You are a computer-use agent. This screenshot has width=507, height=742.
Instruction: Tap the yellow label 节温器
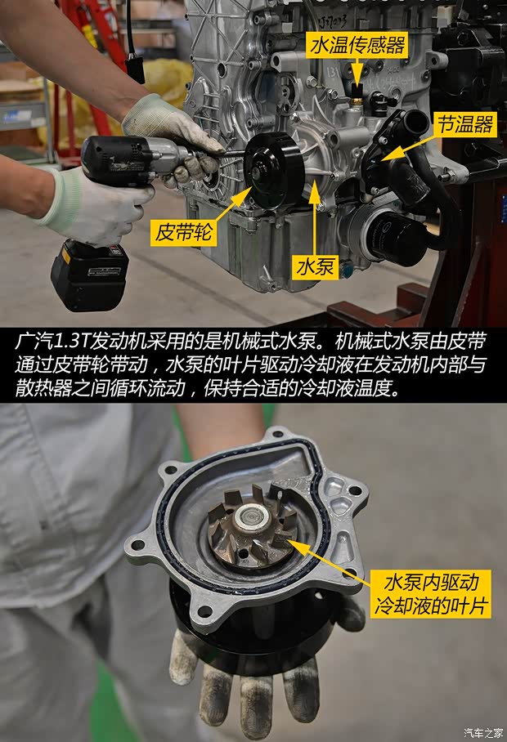(x=464, y=124)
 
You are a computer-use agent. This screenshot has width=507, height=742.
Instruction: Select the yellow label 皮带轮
(x=185, y=234)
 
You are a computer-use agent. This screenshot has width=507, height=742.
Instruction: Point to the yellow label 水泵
(x=317, y=266)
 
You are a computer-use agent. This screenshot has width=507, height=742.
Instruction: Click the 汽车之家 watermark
(x=484, y=732)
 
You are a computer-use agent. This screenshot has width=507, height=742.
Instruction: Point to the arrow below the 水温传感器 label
(x=357, y=75)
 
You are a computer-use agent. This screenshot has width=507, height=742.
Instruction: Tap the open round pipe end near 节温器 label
(x=415, y=123)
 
